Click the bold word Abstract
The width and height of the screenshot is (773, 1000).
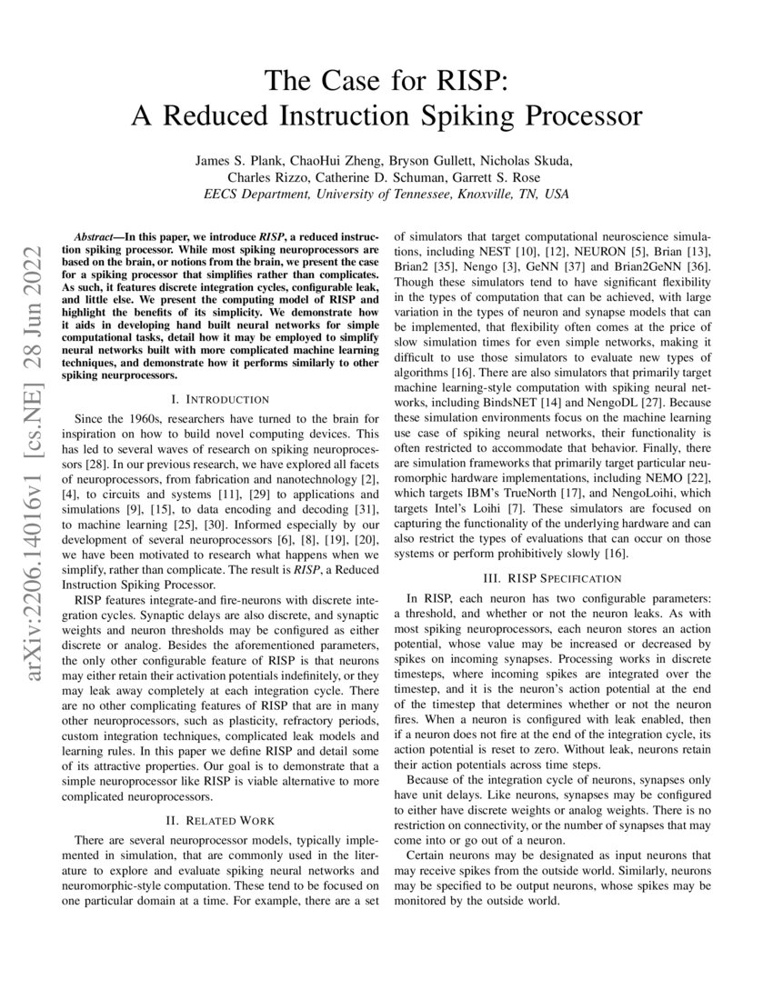coord(96,234)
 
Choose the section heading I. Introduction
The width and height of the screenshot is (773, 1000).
coord(220,399)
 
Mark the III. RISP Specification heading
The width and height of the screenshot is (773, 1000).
coord(553,578)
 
